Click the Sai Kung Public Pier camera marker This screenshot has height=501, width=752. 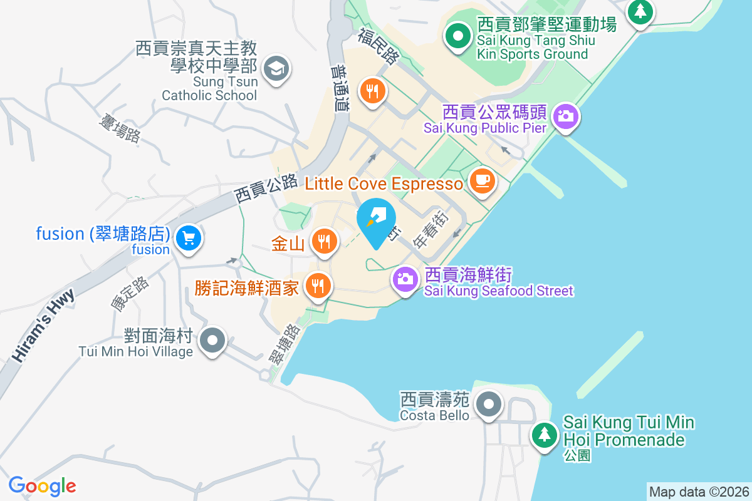coord(565,116)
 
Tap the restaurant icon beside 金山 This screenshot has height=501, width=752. coord(323,241)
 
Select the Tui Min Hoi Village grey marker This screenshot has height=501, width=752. coord(213,341)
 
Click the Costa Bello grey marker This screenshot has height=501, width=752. coord(489,404)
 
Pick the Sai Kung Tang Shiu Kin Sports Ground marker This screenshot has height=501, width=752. coord(458,36)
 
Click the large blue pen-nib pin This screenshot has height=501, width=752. coord(376,221)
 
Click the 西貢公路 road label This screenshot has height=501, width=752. coord(266,188)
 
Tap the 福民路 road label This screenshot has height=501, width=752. coord(379,45)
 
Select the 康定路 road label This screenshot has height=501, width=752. coord(130,294)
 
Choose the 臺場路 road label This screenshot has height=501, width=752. coord(119,128)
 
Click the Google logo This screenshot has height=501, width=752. coord(42,485)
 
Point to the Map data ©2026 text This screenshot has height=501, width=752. coord(698,492)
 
